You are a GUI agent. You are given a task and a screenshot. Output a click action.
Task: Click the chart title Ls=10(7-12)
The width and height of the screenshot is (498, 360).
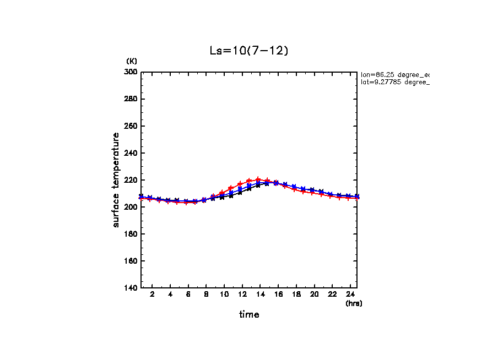coord(249,51)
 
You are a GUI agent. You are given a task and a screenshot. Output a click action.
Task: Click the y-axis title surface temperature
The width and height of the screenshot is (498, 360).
coord(116,180)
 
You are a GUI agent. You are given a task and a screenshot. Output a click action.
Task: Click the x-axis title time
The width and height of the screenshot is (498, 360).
coord(249,315)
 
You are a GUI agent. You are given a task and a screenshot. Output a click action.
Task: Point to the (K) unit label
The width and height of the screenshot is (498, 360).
coord(132,61)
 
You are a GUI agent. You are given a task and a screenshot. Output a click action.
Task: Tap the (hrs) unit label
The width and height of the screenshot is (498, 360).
coord(354,303)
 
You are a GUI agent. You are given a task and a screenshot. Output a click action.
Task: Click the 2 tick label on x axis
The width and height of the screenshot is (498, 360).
coord(152,295)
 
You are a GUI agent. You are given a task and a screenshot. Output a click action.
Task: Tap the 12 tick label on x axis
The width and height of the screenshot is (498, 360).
coord(242,295)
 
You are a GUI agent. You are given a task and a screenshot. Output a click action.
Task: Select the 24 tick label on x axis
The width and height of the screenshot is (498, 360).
coord(350,295)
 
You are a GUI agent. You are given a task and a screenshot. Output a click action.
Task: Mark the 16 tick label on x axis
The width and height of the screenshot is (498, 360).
coord(278,295)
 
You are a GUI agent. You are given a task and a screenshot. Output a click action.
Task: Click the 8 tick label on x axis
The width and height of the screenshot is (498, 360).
coord(206,295)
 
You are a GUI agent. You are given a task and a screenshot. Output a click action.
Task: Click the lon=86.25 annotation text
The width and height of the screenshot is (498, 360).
coord(394,74)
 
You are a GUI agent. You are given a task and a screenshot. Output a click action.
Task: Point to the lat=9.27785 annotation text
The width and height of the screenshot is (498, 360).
coord(394,82)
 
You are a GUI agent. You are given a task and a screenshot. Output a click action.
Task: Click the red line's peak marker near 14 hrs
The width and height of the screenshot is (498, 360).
coord(258,179)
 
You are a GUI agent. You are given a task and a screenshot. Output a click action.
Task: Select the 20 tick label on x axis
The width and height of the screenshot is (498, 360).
coord(314,295)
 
